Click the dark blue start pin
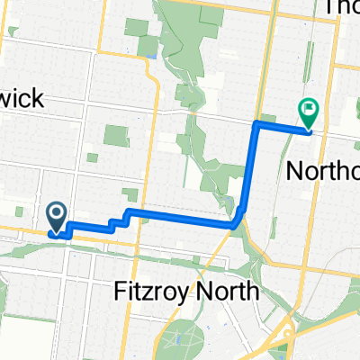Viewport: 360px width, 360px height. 56,215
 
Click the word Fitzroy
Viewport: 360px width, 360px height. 157,291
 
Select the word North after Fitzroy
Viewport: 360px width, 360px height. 229,291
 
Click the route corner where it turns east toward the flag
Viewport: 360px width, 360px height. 257,121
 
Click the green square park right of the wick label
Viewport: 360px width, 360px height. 115,137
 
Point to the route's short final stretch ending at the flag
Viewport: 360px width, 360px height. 284,126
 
